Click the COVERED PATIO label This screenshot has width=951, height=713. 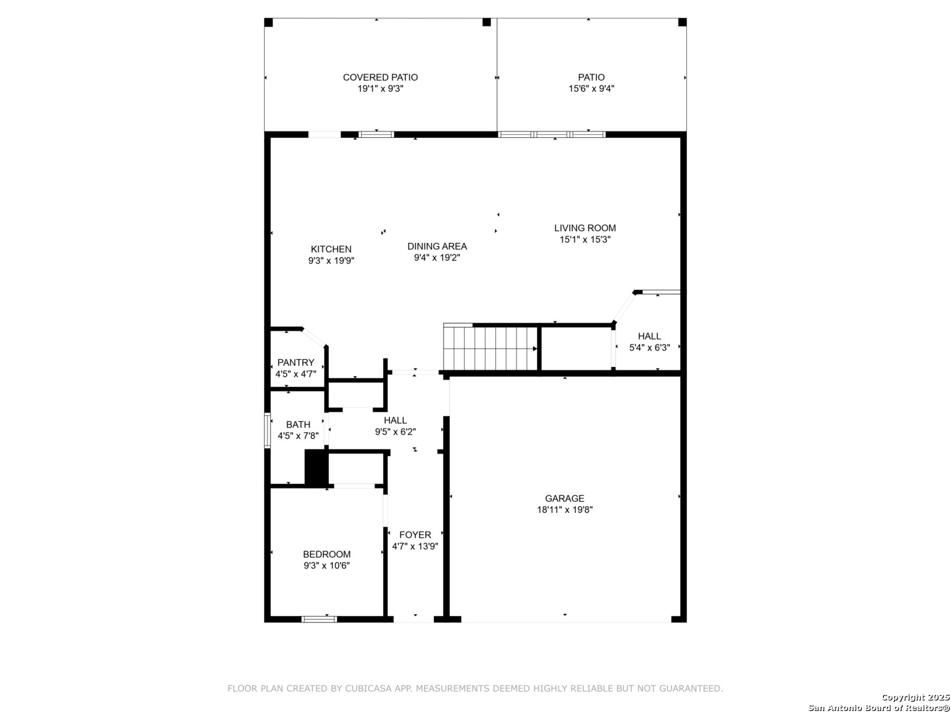[x=380, y=77]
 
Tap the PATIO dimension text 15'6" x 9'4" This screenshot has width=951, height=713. [x=591, y=88]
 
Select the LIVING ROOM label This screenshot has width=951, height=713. [x=584, y=228]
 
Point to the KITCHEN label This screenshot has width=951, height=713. [x=331, y=250]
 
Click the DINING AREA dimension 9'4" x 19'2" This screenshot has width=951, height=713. [x=437, y=257]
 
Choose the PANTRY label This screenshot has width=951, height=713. [x=295, y=363]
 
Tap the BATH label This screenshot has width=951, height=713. [x=298, y=424]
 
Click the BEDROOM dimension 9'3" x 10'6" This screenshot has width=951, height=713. [x=327, y=565]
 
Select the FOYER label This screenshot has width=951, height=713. [x=415, y=535]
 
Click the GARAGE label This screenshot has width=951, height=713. [x=565, y=498]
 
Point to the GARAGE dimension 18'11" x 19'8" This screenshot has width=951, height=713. [x=565, y=510]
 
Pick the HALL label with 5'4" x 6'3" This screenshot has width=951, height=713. [x=649, y=337]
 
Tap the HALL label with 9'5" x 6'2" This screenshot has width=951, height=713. [x=395, y=421]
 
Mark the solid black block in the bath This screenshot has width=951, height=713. [x=317, y=467]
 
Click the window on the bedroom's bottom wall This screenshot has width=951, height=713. [x=319, y=619]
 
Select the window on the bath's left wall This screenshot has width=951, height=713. [x=267, y=430]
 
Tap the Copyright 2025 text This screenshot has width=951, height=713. [x=915, y=697]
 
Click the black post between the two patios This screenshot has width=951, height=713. [x=487, y=22]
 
